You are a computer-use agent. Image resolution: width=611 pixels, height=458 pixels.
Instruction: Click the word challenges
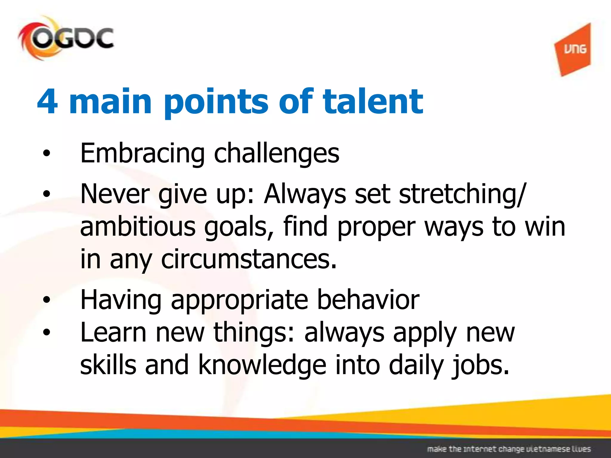pyautogui.click(x=277, y=154)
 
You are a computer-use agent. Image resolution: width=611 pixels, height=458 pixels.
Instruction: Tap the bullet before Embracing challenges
pyautogui.click(x=47, y=154)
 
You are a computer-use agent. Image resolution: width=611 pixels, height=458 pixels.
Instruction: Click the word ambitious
pyautogui.click(x=138, y=227)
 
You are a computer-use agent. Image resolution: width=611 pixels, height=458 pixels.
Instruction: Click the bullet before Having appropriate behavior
pyautogui.click(x=47, y=299)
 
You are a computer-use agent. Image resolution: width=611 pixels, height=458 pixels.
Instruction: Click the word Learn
pyautogui.click(x=114, y=332)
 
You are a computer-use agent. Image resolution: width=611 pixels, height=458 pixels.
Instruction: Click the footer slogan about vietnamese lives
pyautogui.click(x=509, y=449)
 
